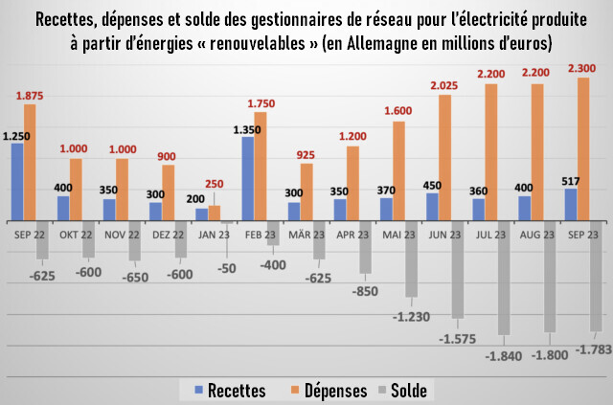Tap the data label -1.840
point(502,357)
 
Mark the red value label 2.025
point(444,86)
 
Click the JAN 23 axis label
point(214,234)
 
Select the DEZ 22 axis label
point(168,234)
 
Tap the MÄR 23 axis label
point(306,234)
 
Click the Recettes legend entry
point(230,391)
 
